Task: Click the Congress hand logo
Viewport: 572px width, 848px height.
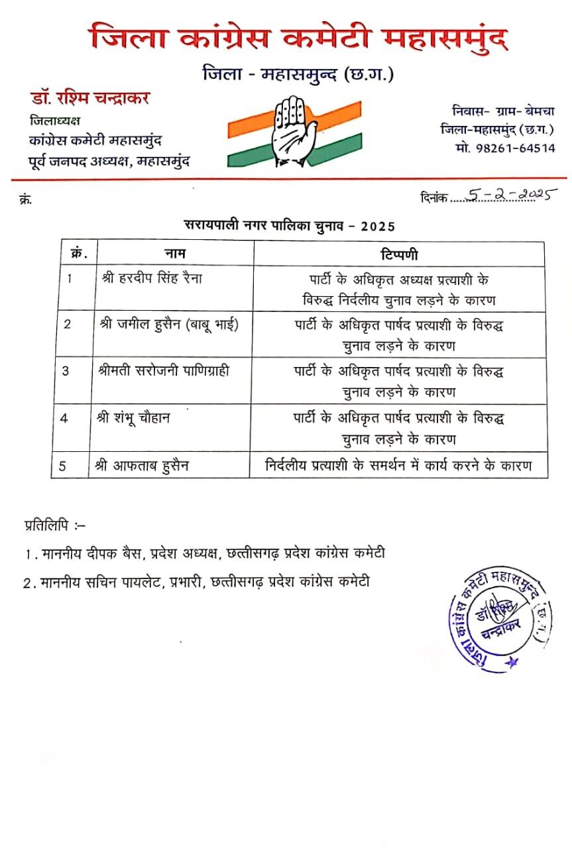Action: [x=294, y=130]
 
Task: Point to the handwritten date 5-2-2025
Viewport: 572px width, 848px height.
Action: [x=510, y=195]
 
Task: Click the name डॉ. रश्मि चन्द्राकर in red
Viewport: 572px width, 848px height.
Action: [x=89, y=99]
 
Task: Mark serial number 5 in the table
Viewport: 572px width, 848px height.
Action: [x=62, y=466]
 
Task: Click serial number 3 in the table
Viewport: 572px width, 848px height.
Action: [x=66, y=371]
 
